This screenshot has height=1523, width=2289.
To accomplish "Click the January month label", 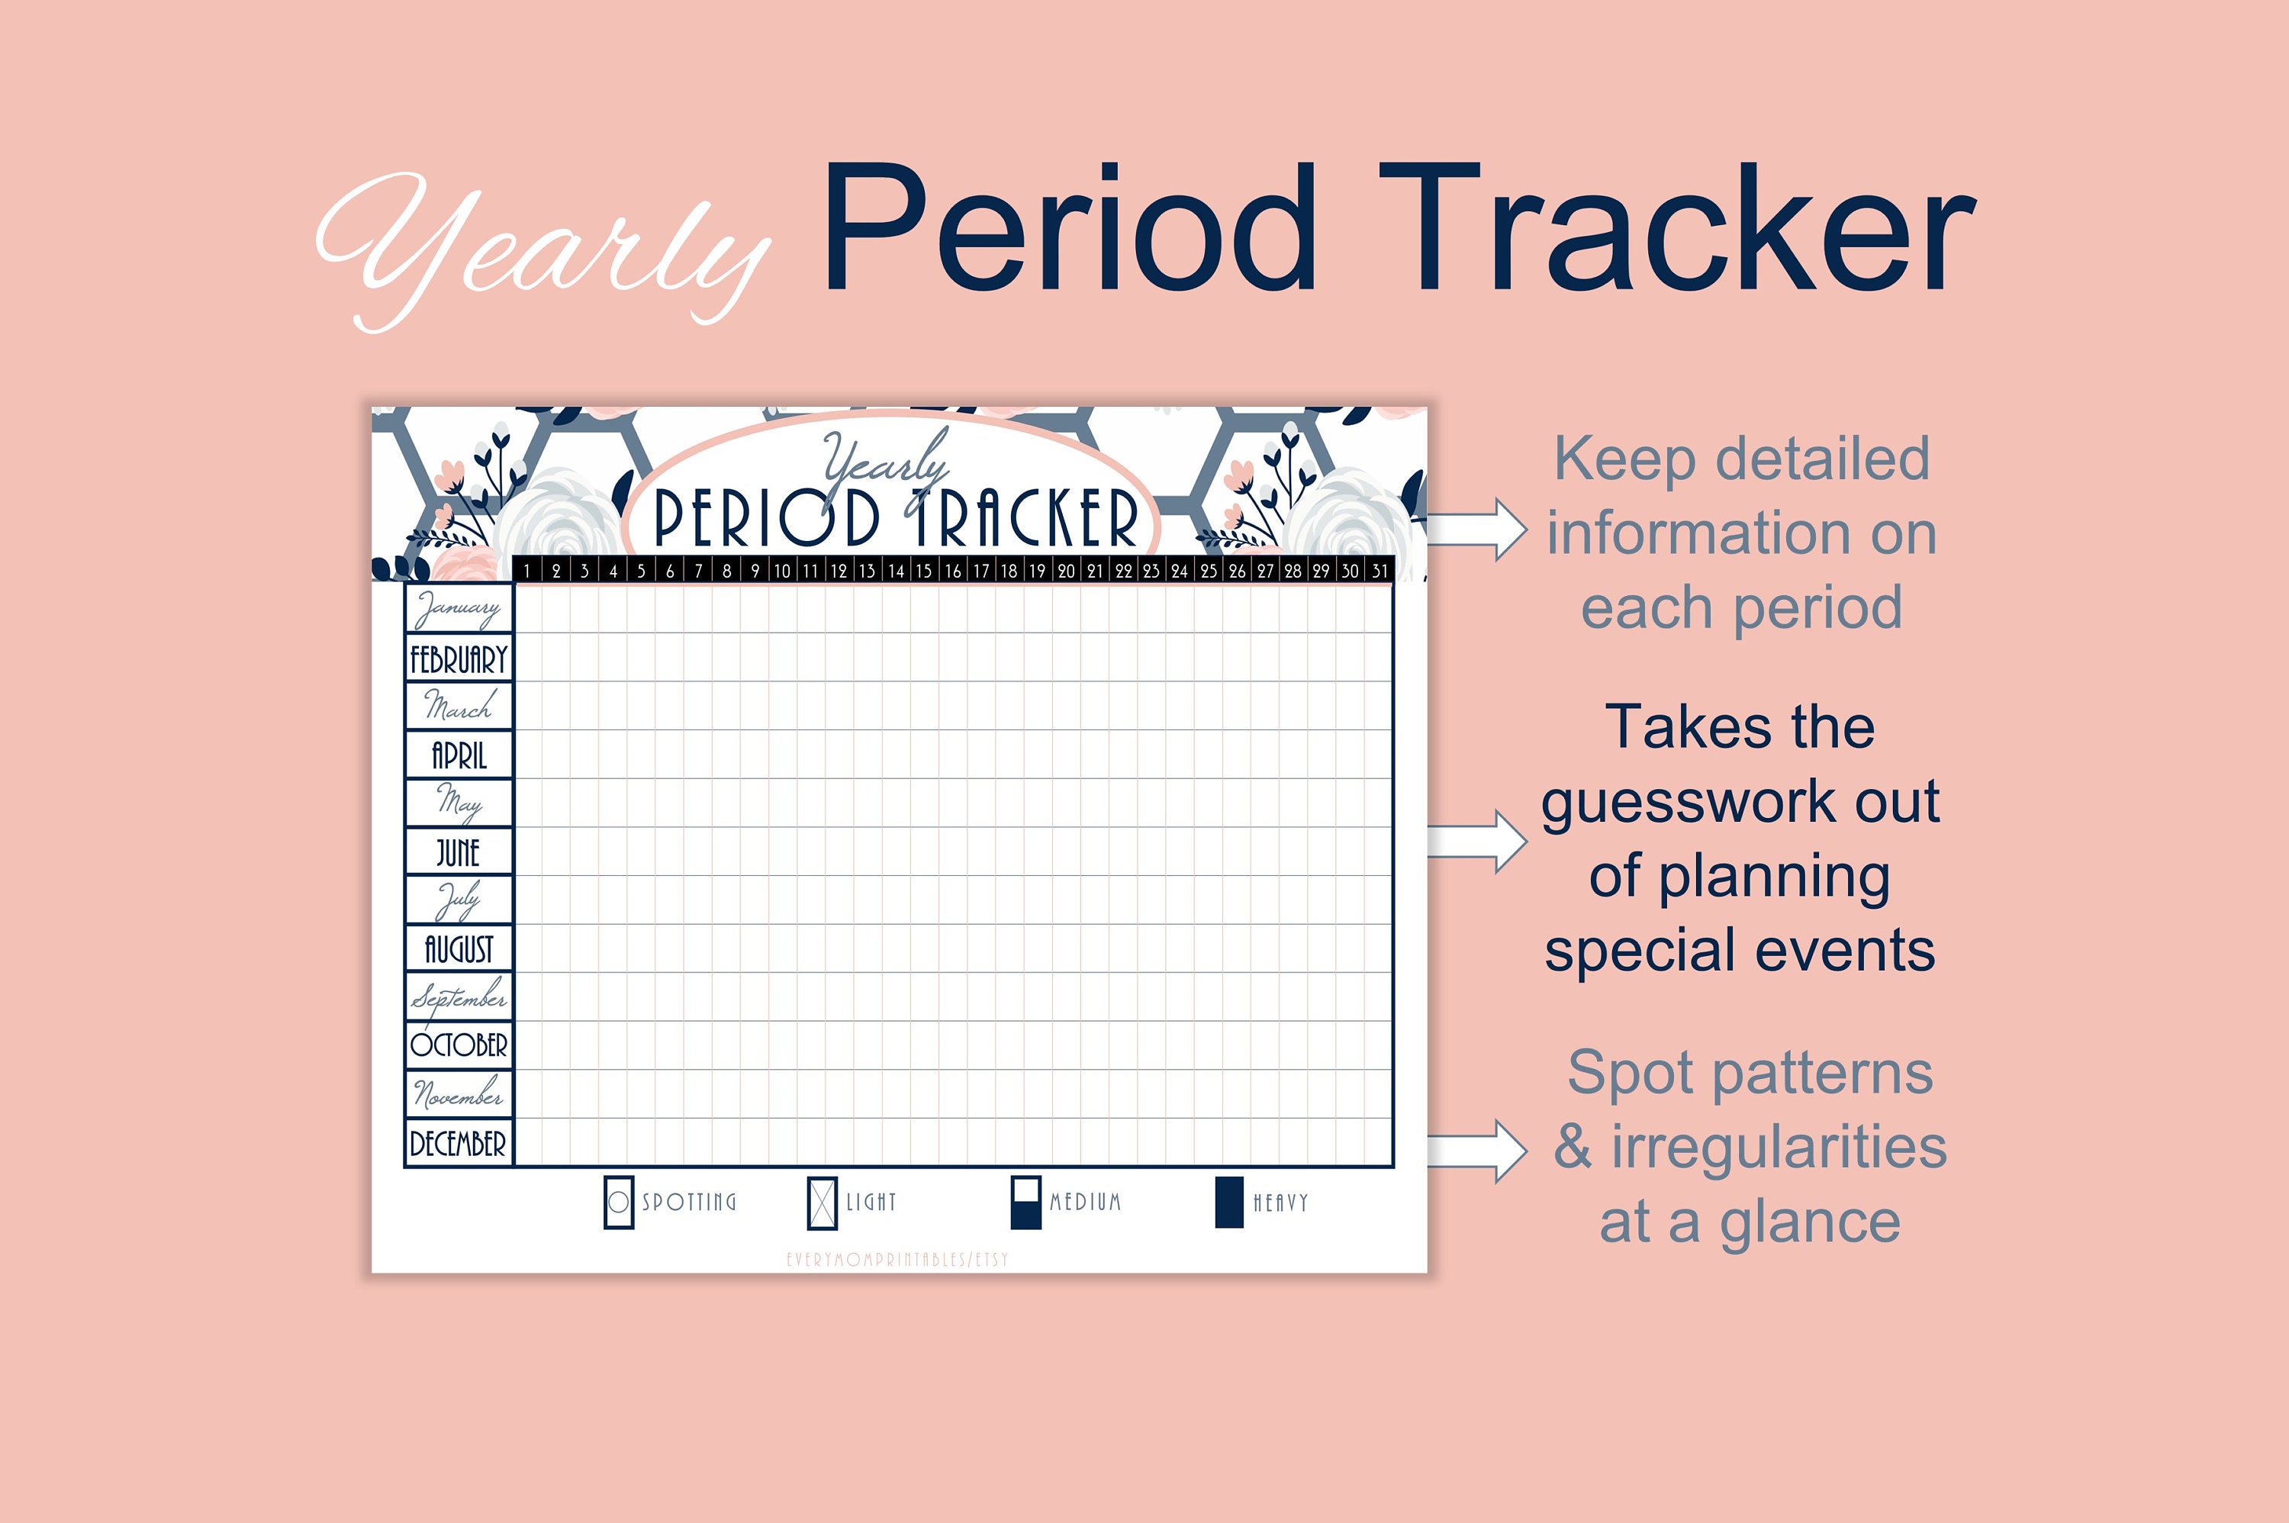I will (x=459, y=609).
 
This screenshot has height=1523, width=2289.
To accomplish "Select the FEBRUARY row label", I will (x=459, y=658).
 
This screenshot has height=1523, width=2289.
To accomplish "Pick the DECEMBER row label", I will (x=459, y=1143).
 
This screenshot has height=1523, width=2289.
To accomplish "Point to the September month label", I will (x=459, y=997).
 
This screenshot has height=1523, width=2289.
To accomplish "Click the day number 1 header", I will (x=527, y=571).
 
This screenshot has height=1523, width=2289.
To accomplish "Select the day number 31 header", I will (x=1379, y=571).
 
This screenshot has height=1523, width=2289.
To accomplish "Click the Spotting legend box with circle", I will (x=619, y=1203).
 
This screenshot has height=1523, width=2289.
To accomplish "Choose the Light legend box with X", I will (x=822, y=1203).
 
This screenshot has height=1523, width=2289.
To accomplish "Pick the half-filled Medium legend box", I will (x=1025, y=1203).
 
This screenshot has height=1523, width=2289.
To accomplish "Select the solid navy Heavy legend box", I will (x=1229, y=1203).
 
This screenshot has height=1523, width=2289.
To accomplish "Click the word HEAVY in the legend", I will (x=1281, y=1203).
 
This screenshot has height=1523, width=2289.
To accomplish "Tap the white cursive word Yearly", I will (x=544, y=248).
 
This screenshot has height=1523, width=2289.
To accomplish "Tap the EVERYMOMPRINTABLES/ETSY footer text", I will (x=897, y=1260).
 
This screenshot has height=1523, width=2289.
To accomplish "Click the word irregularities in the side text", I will (x=1779, y=1147).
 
